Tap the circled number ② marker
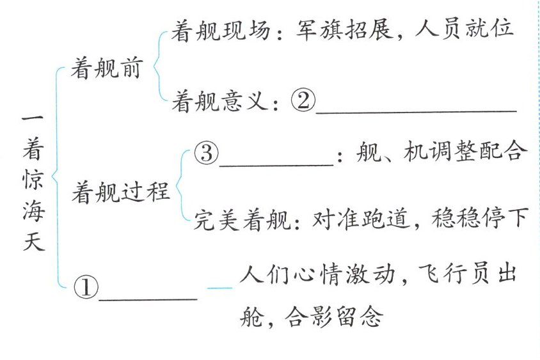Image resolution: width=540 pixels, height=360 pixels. (302, 100)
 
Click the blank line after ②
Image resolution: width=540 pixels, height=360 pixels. (416, 110)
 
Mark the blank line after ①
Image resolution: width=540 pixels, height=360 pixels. (148, 298)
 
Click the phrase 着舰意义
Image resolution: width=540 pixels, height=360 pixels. (218, 101)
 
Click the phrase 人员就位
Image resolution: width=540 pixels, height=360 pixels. (464, 29)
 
